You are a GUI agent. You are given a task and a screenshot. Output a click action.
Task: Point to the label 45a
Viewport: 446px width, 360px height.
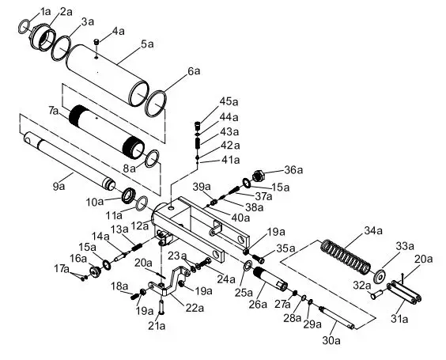pyautogui.click(x=229, y=101)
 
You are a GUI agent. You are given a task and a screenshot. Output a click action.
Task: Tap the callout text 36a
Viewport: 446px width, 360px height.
pyautogui.click(x=293, y=169)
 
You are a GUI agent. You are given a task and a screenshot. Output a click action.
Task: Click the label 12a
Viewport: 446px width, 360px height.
pyautogui.click(x=139, y=225)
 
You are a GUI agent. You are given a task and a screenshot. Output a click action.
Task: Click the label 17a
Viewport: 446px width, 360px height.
pyautogui.click(x=62, y=270)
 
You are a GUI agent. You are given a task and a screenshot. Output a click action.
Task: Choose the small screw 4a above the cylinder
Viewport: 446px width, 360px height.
pyautogui.click(x=96, y=41)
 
